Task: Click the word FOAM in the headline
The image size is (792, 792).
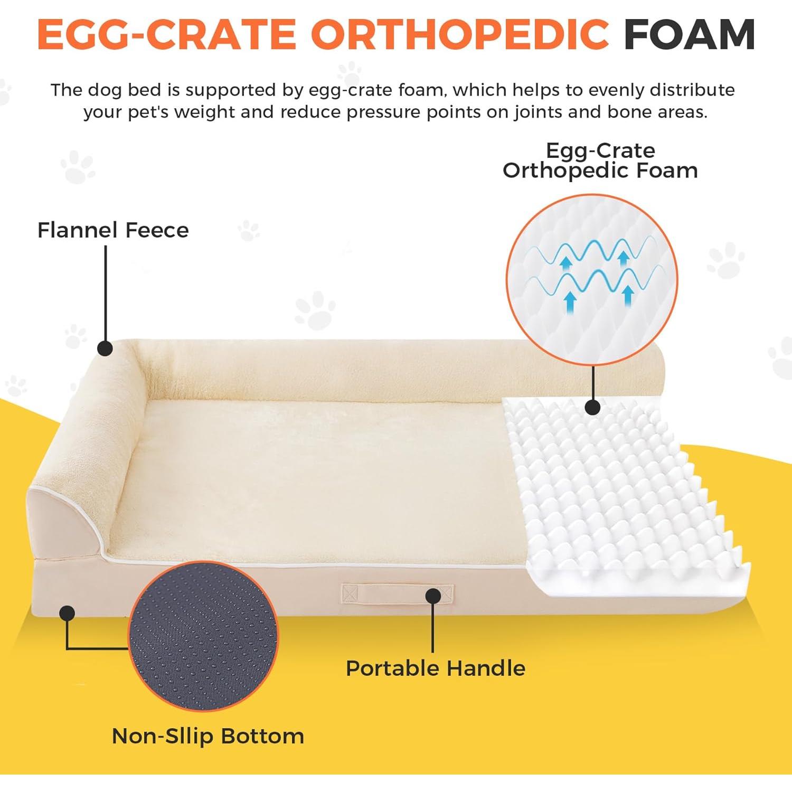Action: click(x=689, y=35)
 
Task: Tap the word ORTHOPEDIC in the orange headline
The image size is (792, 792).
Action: click(x=459, y=35)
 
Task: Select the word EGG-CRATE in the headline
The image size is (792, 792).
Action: click(x=166, y=35)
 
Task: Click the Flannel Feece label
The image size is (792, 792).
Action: click(x=113, y=230)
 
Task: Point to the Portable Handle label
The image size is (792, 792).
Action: click(x=436, y=668)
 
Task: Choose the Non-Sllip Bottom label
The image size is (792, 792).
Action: click(x=208, y=736)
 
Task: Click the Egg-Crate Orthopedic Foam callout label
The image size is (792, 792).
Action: click(x=600, y=161)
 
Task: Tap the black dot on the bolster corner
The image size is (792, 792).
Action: click(x=105, y=348)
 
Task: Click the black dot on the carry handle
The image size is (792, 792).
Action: click(x=433, y=596)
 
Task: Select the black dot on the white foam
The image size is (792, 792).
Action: click(x=593, y=407)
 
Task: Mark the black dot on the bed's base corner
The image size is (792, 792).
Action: click(x=67, y=613)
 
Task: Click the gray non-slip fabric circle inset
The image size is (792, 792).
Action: click(x=203, y=636)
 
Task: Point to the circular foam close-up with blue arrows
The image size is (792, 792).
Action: click(x=591, y=280)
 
